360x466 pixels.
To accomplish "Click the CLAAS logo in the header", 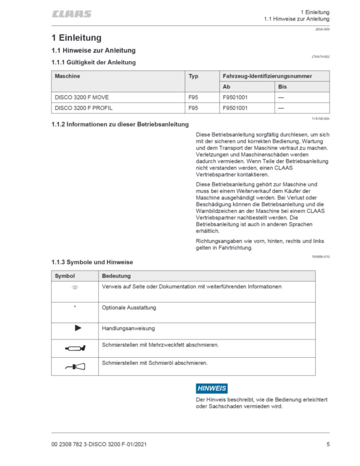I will (x=71, y=14).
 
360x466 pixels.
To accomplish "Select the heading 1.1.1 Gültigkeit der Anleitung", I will (x=94, y=62).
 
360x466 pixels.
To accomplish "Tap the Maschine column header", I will (x=68, y=76).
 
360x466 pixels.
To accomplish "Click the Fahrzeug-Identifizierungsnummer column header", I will (x=267, y=76).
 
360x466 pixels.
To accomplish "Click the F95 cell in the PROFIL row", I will (x=193, y=108).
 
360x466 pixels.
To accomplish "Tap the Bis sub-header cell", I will (x=282, y=87).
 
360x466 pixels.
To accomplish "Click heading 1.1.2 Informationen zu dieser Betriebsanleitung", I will (x=120, y=125).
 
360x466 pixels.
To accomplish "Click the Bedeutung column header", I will (x=116, y=275).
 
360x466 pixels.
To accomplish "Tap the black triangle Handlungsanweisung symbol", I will (x=77, y=327).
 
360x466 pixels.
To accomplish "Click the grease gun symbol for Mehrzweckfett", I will (x=76, y=348).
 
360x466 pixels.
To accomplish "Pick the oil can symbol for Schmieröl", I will (x=76, y=368).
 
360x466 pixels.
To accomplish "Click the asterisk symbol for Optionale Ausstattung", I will (x=75, y=307).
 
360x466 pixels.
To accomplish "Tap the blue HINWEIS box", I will (x=211, y=388).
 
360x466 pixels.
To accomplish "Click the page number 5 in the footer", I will (x=328, y=444).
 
